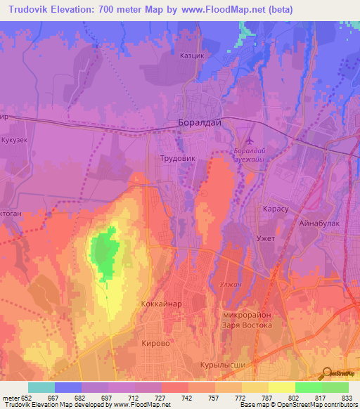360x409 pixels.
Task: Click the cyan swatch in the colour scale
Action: pos(41,387)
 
